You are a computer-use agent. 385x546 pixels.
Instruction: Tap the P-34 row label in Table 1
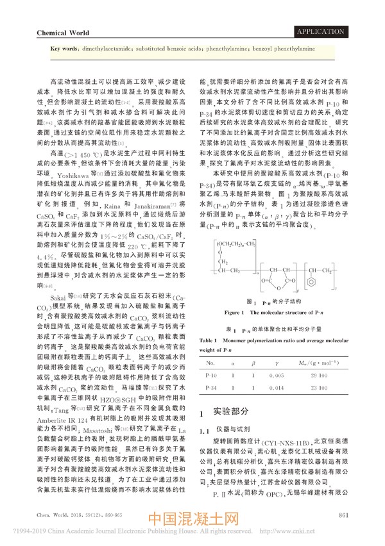click(210, 388)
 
